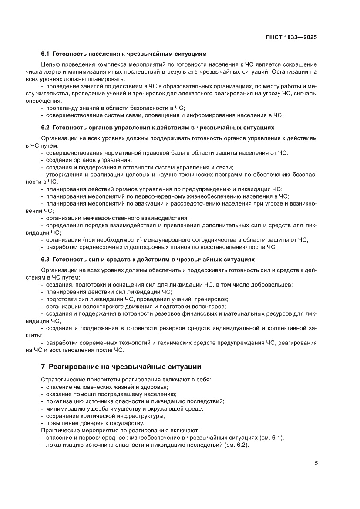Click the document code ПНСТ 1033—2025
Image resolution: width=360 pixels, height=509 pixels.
click(x=291, y=37)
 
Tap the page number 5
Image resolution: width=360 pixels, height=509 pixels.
click(x=316, y=463)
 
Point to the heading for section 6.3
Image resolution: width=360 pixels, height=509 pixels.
click(x=148, y=260)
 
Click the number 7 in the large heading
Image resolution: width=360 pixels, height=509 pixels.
click(x=43, y=367)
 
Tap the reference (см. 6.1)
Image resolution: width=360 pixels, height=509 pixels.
click(x=272, y=438)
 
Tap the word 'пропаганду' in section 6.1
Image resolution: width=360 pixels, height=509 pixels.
click(x=61, y=108)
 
